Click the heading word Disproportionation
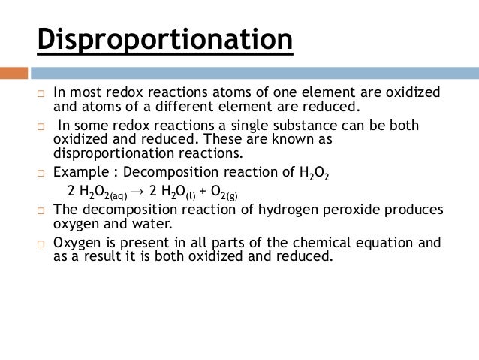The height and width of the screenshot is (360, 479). tap(164, 40)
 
